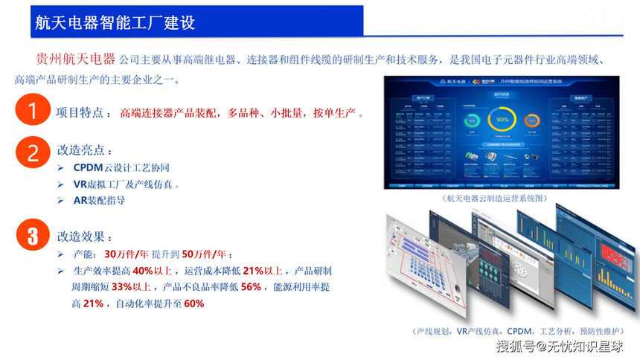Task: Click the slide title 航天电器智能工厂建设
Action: (x=115, y=22)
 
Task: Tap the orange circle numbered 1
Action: (x=32, y=112)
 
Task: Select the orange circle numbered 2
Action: (x=32, y=152)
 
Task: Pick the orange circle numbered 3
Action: (x=32, y=237)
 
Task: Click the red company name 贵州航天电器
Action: (x=75, y=60)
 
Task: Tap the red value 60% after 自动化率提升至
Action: (x=193, y=303)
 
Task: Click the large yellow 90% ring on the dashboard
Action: (x=502, y=120)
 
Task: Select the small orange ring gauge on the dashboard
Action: (x=532, y=120)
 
